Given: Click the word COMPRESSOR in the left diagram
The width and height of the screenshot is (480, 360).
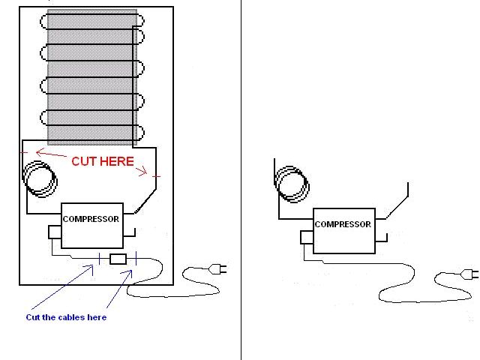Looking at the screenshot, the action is click(91, 219).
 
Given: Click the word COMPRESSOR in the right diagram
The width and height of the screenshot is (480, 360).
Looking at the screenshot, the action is click(343, 224).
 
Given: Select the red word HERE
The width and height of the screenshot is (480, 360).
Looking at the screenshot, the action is click(119, 161).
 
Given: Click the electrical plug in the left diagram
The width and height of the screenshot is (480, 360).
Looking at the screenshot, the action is click(219, 268).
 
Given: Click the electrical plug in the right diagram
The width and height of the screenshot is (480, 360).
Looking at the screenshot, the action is click(470, 273).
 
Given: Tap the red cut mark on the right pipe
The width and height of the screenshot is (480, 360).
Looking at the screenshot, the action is click(156, 177).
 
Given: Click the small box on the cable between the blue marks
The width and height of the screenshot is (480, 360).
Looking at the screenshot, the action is click(118, 259).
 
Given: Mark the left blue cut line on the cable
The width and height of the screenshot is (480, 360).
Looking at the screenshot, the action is click(99, 259).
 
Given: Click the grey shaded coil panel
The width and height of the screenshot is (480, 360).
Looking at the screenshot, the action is click(91, 76).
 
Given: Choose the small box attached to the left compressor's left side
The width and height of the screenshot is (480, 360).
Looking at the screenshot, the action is click(54, 232).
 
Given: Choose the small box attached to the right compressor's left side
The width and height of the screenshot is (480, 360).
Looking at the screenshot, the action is click(306, 237).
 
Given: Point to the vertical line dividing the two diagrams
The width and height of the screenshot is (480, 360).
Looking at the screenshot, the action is click(241, 180).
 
